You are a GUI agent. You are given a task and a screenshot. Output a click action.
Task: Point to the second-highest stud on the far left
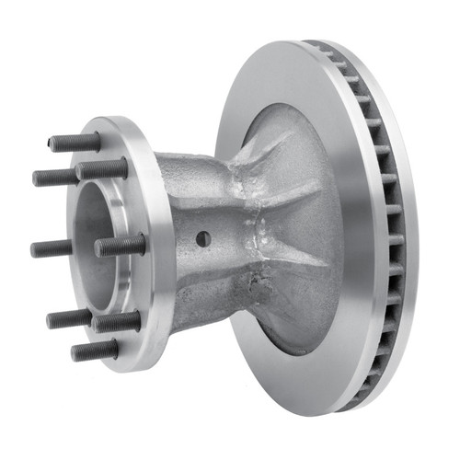[x=57, y=177]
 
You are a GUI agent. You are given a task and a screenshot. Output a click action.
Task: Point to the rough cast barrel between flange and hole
[x=175, y=230]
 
